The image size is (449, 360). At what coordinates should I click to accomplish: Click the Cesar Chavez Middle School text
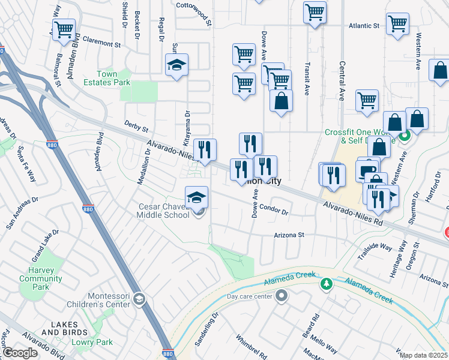click(x=163, y=211)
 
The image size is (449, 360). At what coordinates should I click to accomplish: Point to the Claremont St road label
click(x=101, y=44)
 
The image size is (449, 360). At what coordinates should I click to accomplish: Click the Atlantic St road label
click(x=364, y=26)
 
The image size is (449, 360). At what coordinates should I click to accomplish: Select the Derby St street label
click(x=136, y=127)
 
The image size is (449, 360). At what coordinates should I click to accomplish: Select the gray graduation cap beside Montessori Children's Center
click(x=139, y=299)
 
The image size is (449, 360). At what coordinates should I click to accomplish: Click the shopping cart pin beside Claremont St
click(x=64, y=30)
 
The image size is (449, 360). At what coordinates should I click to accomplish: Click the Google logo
click(x=20, y=353)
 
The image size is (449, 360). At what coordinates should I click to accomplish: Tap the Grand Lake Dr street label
click(x=46, y=247)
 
